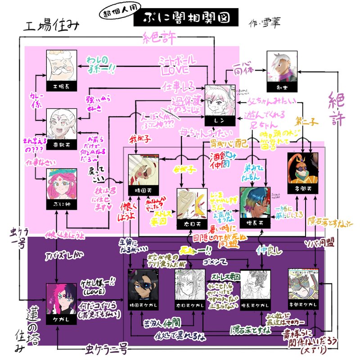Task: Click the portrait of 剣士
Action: (282, 67)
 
